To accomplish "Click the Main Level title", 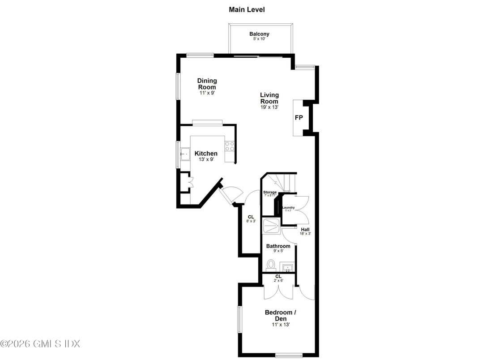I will pyautogui.click(x=247, y=9).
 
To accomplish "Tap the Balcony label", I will pyautogui.click(x=259, y=34).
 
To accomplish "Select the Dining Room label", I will pyautogui.click(x=207, y=84).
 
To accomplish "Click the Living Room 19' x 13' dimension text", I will pyautogui.click(x=269, y=107).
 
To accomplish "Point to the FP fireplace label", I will pyautogui.click(x=299, y=118).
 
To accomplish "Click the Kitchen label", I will pyautogui.click(x=206, y=154).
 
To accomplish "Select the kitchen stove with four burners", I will pyautogui.click(x=230, y=146).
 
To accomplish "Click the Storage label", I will pyautogui.click(x=269, y=193).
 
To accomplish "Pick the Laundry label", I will pyautogui.click(x=288, y=207).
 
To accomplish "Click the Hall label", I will pyautogui.click(x=305, y=230).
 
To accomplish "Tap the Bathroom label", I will pyautogui.click(x=278, y=246).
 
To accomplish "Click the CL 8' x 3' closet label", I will pyautogui.click(x=251, y=218).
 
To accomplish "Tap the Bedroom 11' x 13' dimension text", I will pyautogui.click(x=281, y=324).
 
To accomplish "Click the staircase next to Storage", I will pyautogui.click(x=285, y=182).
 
